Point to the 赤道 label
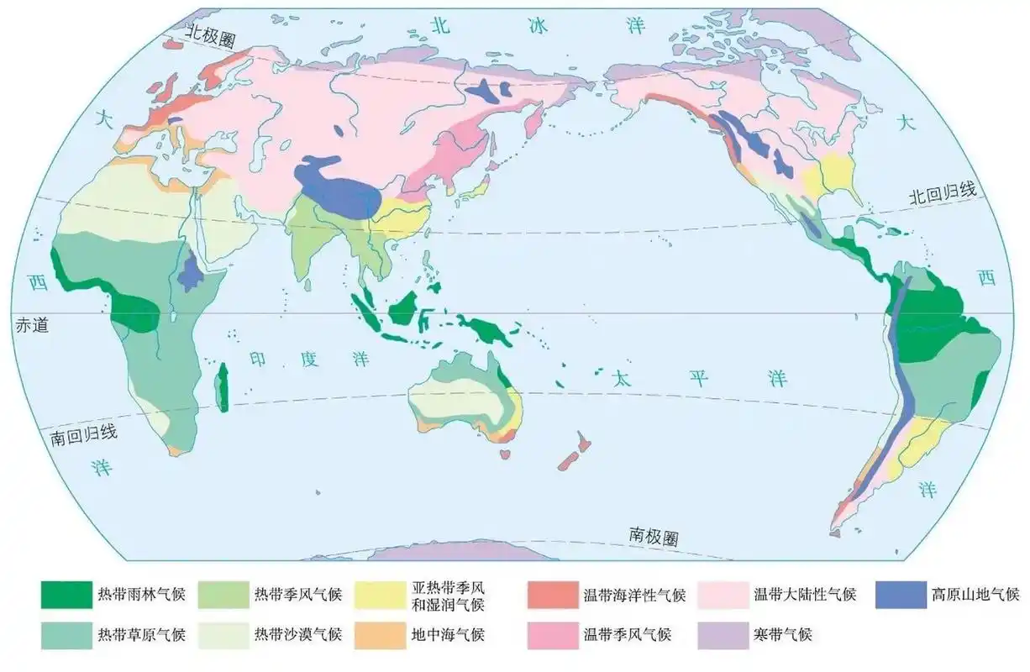[x=32, y=325]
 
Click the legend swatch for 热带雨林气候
[x=66, y=595]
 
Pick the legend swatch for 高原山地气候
[x=900, y=595]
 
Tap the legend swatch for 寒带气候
[x=723, y=634]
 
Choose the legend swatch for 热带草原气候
[x=66, y=634]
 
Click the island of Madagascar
[x=223, y=388]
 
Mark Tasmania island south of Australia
[x=506, y=454]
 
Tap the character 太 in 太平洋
[x=621, y=376]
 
